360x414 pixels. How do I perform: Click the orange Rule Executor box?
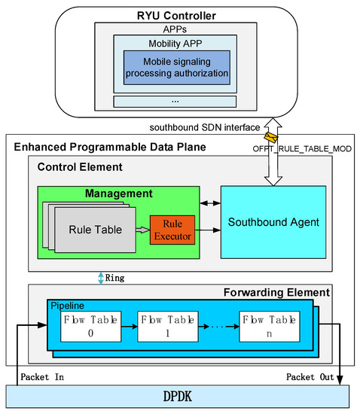173,230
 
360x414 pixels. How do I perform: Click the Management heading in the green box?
120,194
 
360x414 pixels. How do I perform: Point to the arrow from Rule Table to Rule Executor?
142,230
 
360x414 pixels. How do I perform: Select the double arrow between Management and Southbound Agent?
209,203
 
